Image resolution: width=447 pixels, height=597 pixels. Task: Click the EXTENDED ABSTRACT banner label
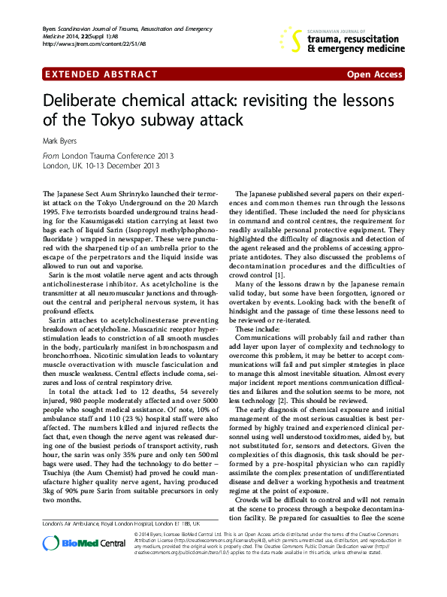[x=102, y=74]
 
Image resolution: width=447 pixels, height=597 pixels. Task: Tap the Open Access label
[x=374, y=74]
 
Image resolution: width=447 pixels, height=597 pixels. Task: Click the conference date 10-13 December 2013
[x=121, y=165]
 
